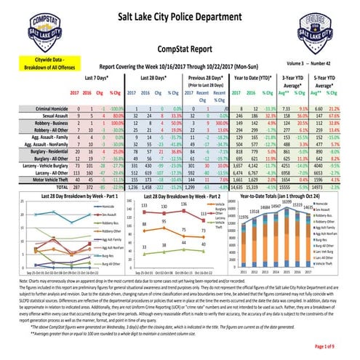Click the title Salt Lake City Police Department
point(179,16)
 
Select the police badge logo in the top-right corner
point(321,28)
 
